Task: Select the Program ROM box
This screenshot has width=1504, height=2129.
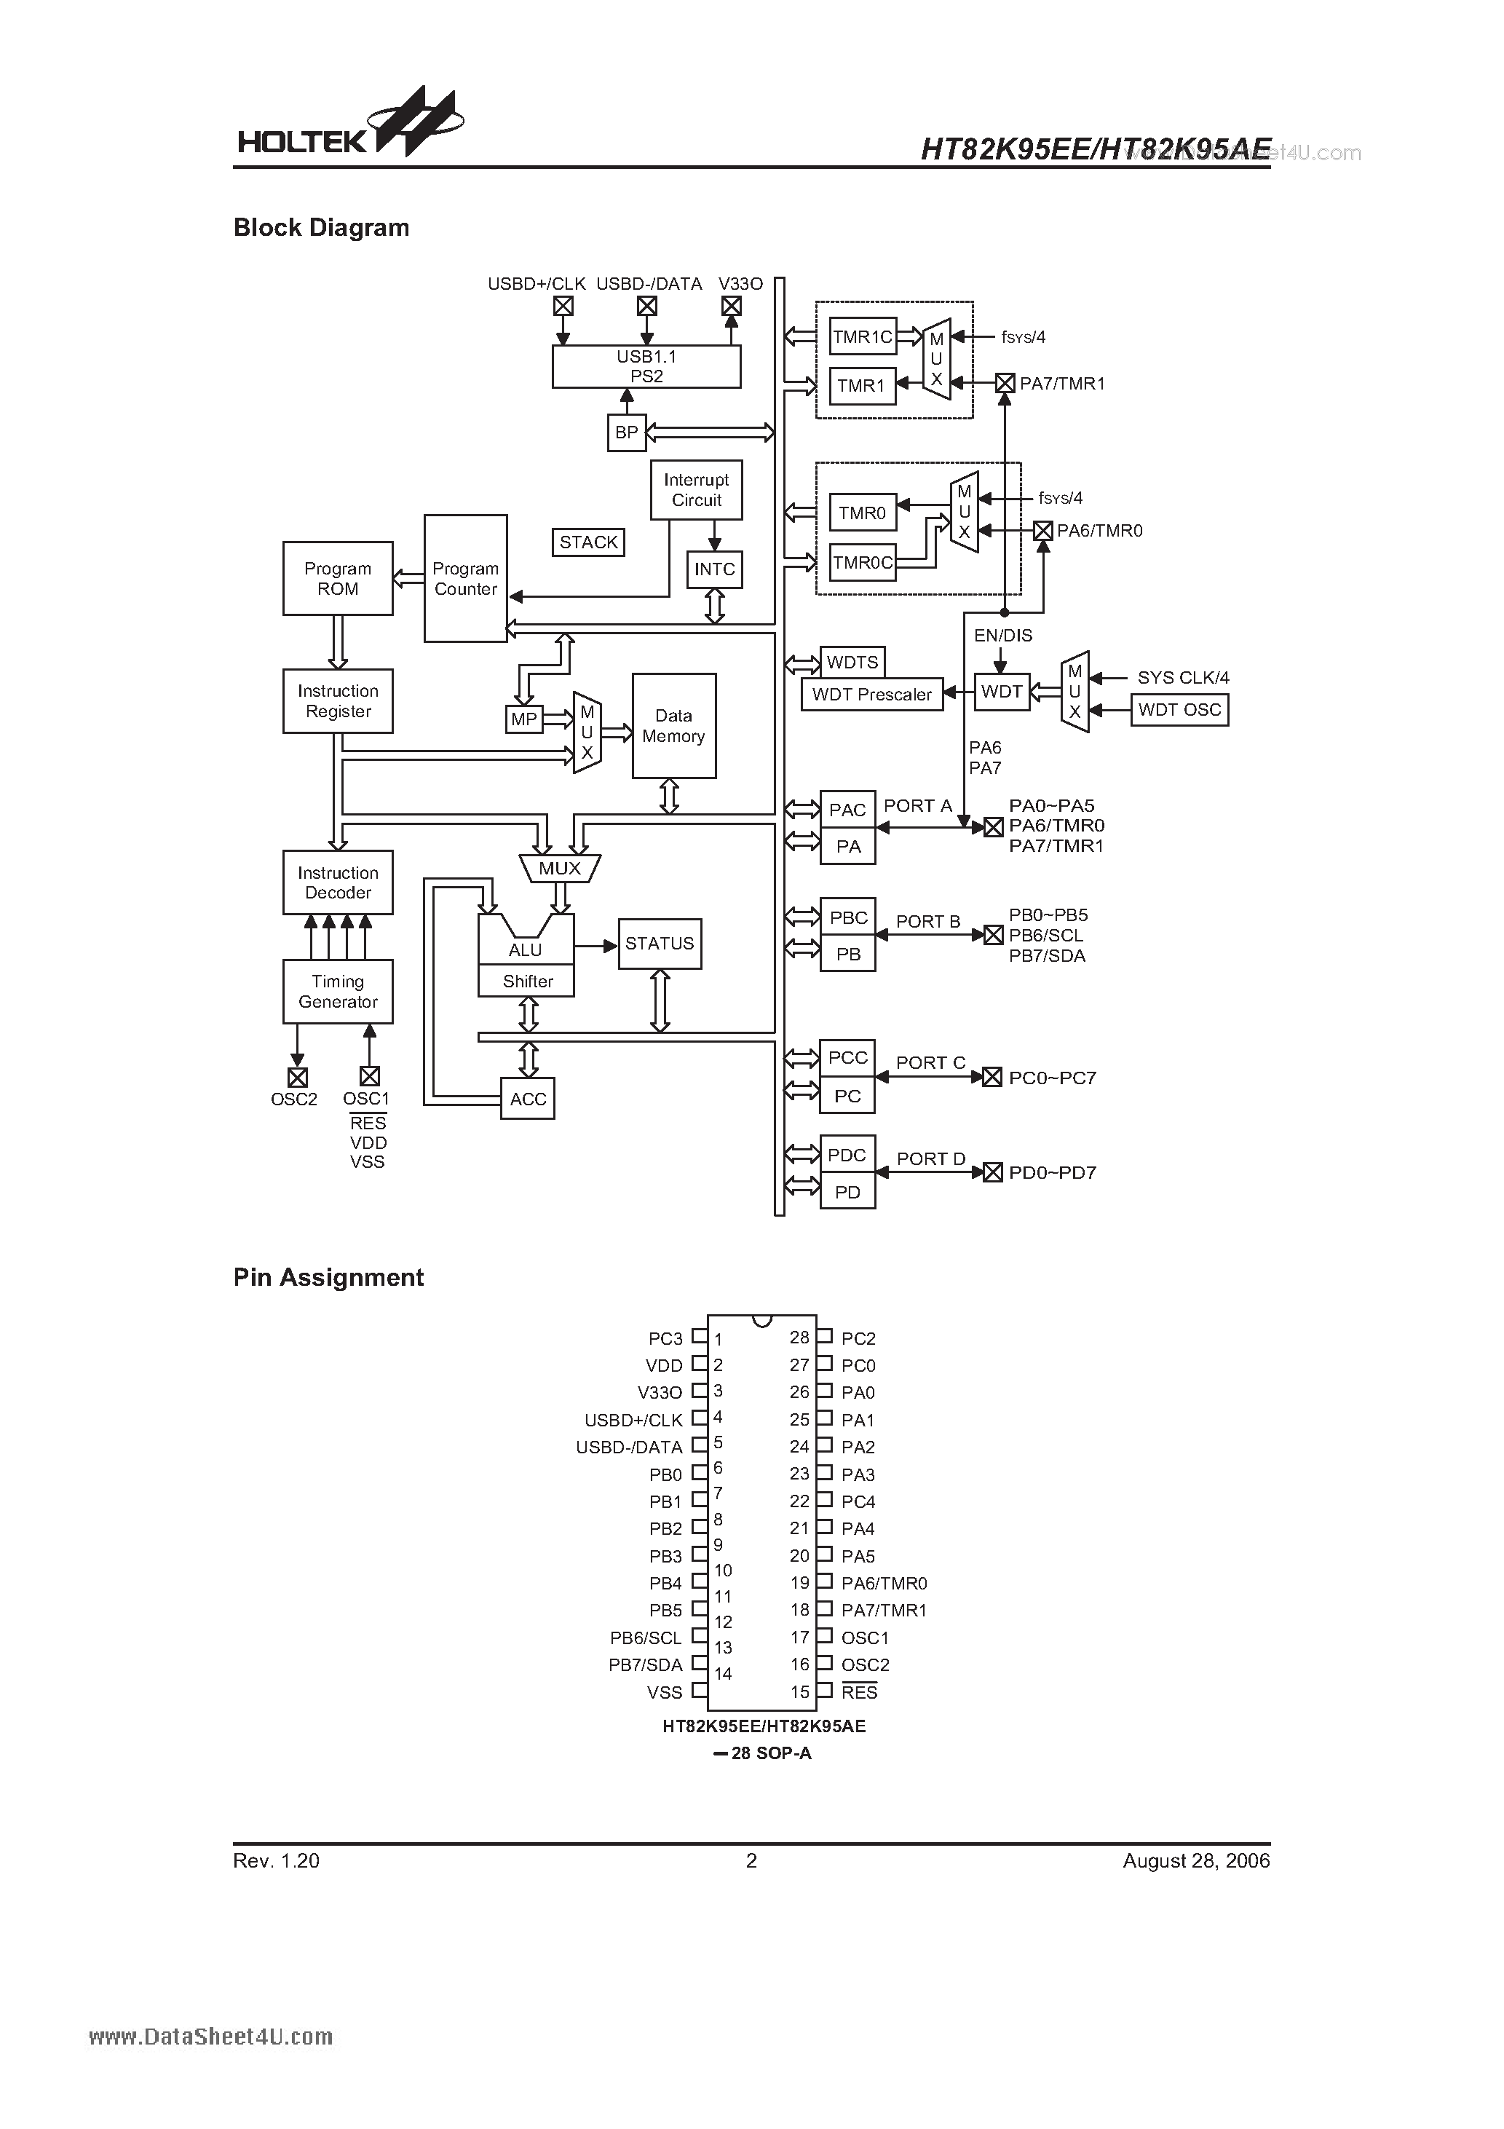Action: (338, 579)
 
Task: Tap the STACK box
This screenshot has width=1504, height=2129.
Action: (588, 542)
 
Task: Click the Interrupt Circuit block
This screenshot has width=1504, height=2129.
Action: (697, 489)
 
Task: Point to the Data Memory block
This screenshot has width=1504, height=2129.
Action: (673, 726)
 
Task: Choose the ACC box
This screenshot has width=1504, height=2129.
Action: (528, 1099)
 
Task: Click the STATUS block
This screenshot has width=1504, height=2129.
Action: (660, 944)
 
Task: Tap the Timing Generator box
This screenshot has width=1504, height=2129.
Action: (338, 991)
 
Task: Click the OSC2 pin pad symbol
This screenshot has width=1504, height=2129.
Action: (297, 1077)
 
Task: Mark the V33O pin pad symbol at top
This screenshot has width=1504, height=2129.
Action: (731, 306)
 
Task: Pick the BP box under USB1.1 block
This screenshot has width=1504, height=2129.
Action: (626, 432)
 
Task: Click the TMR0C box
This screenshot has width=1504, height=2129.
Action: (863, 562)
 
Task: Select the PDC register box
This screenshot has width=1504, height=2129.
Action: (847, 1155)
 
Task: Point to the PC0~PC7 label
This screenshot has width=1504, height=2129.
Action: (1053, 1078)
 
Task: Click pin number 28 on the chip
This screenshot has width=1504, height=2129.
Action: (799, 1337)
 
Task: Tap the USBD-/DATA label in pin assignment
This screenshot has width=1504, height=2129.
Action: (629, 1447)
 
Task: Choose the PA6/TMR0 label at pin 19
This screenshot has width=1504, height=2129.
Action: (884, 1584)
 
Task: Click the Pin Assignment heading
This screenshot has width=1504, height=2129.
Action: (328, 1278)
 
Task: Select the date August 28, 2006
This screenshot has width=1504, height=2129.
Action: (1195, 1860)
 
